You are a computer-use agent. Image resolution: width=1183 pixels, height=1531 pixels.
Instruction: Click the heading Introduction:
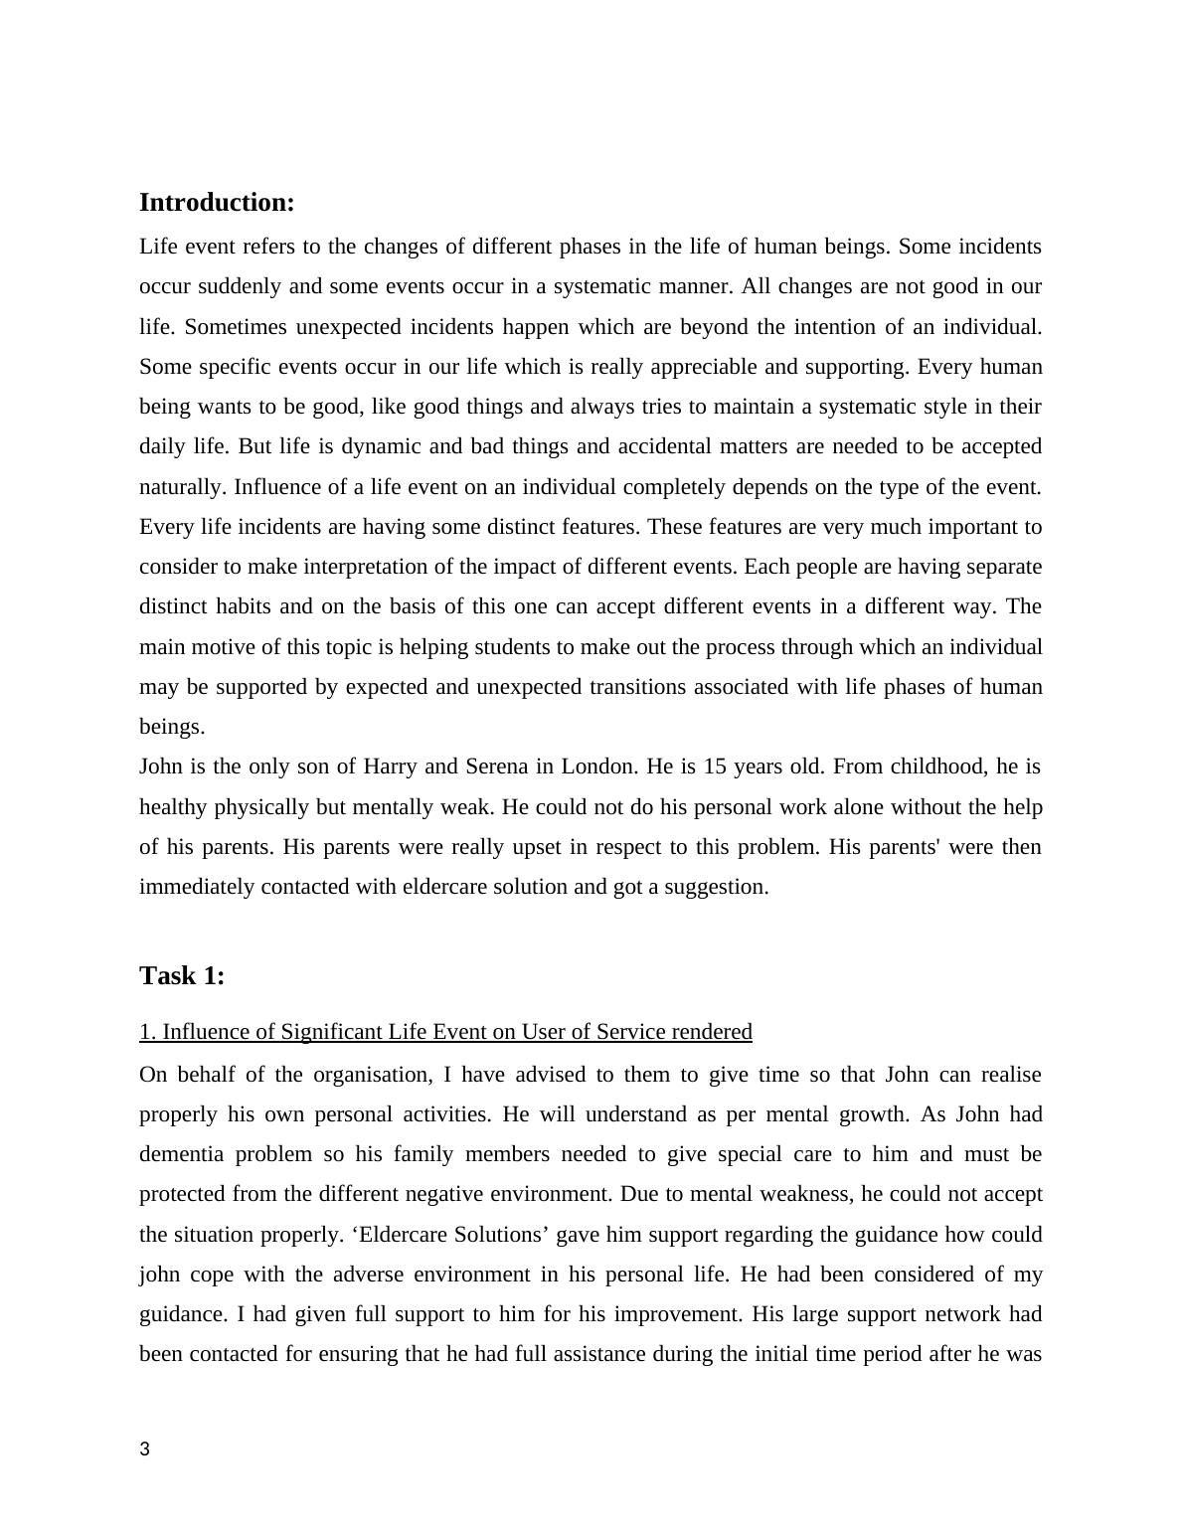coord(217,203)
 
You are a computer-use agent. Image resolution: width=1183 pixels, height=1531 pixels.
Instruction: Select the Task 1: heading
coord(182,976)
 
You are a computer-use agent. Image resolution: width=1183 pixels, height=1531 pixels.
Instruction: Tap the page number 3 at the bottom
coord(145,1449)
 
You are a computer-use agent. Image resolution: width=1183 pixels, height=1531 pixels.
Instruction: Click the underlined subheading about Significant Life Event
coord(445,1032)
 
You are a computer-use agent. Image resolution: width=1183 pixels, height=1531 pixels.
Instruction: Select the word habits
coord(244,606)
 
